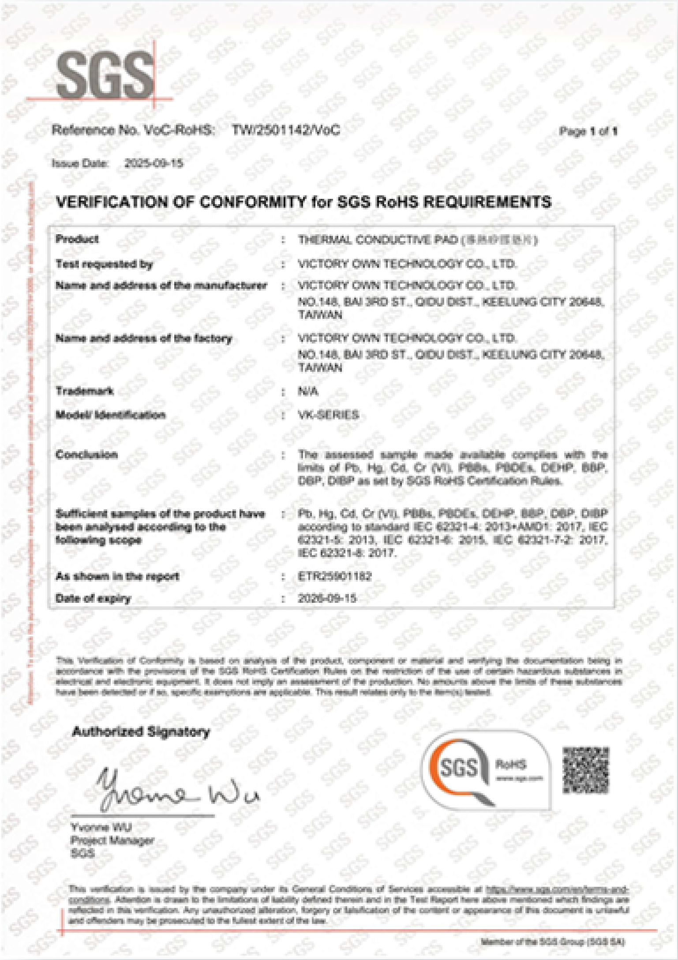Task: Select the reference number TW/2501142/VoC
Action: pyautogui.click(x=286, y=130)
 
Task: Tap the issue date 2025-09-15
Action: pyautogui.click(x=154, y=164)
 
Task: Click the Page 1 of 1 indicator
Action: pyautogui.click(x=588, y=131)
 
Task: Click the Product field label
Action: pyautogui.click(x=77, y=239)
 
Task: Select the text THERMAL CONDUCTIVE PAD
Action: pyautogui.click(x=378, y=240)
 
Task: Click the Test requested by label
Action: pyautogui.click(x=104, y=264)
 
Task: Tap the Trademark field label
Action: pyautogui.click(x=85, y=391)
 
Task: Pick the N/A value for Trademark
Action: pyautogui.click(x=308, y=392)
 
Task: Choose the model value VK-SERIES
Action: pyautogui.click(x=328, y=415)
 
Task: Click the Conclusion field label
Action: pyautogui.click(x=86, y=455)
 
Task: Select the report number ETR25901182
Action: pyautogui.click(x=334, y=576)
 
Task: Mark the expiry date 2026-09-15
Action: pyautogui.click(x=327, y=598)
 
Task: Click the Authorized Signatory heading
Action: pyautogui.click(x=141, y=732)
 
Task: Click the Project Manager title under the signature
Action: pyautogui.click(x=112, y=840)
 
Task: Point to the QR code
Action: pyautogui.click(x=585, y=770)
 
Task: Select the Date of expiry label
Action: pyautogui.click(x=93, y=598)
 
